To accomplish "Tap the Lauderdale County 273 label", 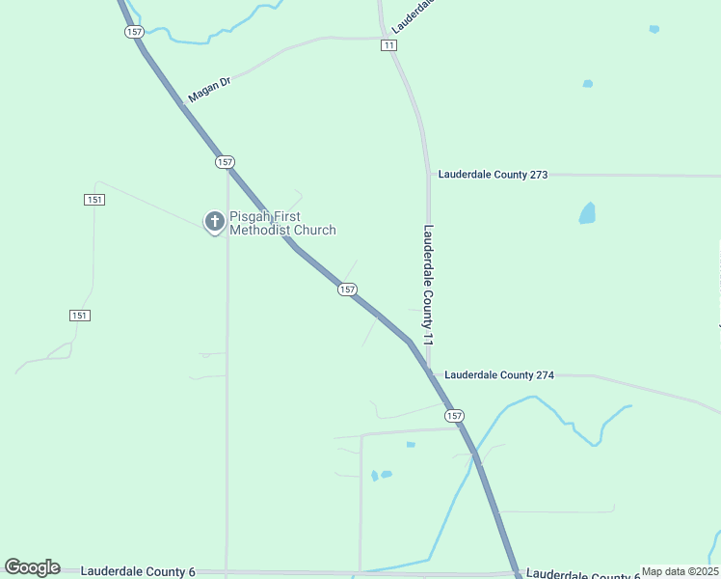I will (493, 175).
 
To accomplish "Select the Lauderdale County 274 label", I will (499, 374).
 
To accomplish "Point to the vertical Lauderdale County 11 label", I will (429, 286).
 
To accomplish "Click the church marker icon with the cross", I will (213, 222).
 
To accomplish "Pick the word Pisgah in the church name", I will (248, 217).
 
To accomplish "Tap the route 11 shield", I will (388, 45).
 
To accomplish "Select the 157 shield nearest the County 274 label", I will (454, 415).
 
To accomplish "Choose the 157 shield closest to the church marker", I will (225, 162).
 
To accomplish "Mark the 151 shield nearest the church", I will (93, 200).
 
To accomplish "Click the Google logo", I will (32, 567).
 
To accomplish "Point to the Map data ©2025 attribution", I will (680, 571).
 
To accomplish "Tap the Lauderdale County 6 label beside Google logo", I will (138, 571).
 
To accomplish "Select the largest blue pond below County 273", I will (587, 212).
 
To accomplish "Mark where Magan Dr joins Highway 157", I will (182, 102).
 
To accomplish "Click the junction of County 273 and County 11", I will (429, 176).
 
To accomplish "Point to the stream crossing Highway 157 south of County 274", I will (475, 455).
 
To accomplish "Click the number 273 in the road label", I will (537, 175).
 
